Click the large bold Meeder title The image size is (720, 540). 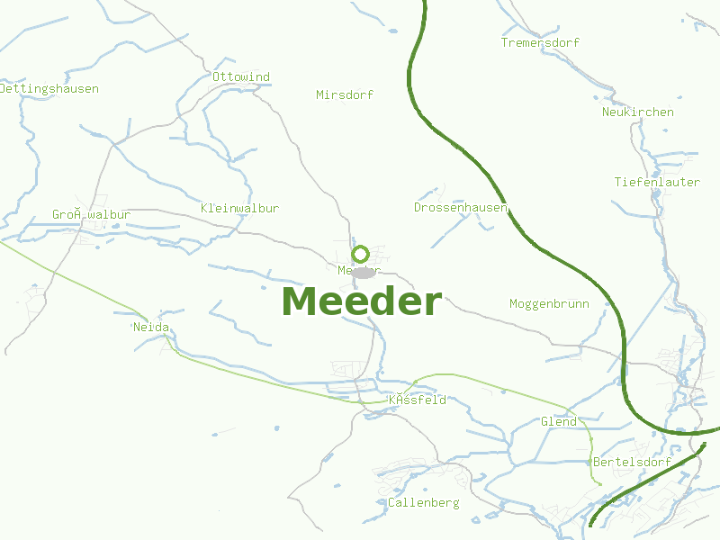tap(362, 301)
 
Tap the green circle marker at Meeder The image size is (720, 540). tap(361, 254)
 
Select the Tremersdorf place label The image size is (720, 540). tap(540, 42)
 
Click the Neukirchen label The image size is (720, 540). tap(637, 112)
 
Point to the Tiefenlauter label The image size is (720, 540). tap(657, 182)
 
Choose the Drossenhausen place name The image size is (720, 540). tap(460, 208)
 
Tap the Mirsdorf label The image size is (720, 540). tap(345, 94)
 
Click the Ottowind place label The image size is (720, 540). tap(241, 76)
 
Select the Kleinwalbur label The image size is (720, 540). tap(239, 208)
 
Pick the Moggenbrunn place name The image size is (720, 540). tap(549, 303)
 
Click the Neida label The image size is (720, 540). tap(151, 328)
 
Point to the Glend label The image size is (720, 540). tap(559, 421)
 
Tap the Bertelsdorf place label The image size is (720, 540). tap(633, 462)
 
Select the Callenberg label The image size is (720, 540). tap(424, 502)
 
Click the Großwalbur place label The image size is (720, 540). tap(91, 214)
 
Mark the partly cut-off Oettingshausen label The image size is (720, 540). tap(49, 88)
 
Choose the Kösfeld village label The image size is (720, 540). tap(417, 400)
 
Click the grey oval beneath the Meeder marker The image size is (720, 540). tap(363, 273)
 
